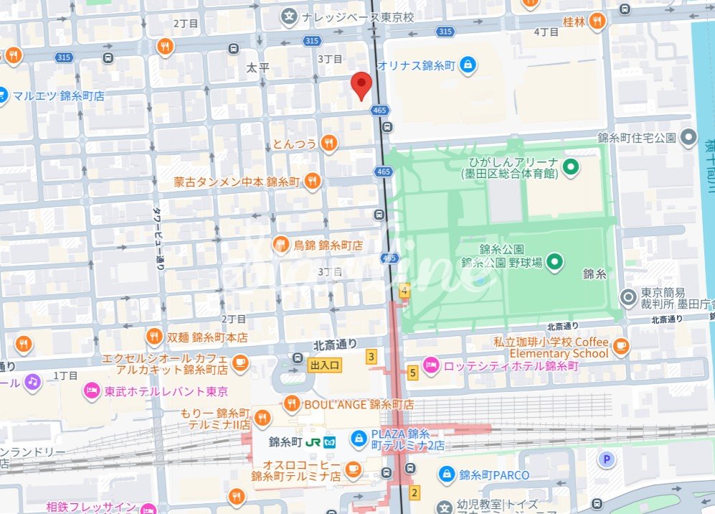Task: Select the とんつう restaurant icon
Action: pyautogui.click(x=328, y=144)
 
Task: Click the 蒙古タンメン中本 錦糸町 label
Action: pyautogui.click(x=237, y=182)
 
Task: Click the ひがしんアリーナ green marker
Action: pyautogui.click(x=571, y=168)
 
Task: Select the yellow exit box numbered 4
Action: pyautogui.click(x=404, y=291)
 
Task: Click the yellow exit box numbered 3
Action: pyautogui.click(x=371, y=356)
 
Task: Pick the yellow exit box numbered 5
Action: pyautogui.click(x=412, y=373)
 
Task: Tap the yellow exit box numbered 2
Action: pyautogui.click(x=414, y=492)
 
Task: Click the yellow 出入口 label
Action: pyautogui.click(x=325, y=365)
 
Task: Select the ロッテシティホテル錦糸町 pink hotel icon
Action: pyautogui.click(x=430, y=365)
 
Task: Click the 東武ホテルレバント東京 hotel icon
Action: pyautogui.click(x=92, y=391)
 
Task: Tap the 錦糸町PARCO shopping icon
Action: pyautogui.click(x=447, y=475)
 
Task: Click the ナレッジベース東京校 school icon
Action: pyautogui.click(x=289, y=16)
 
